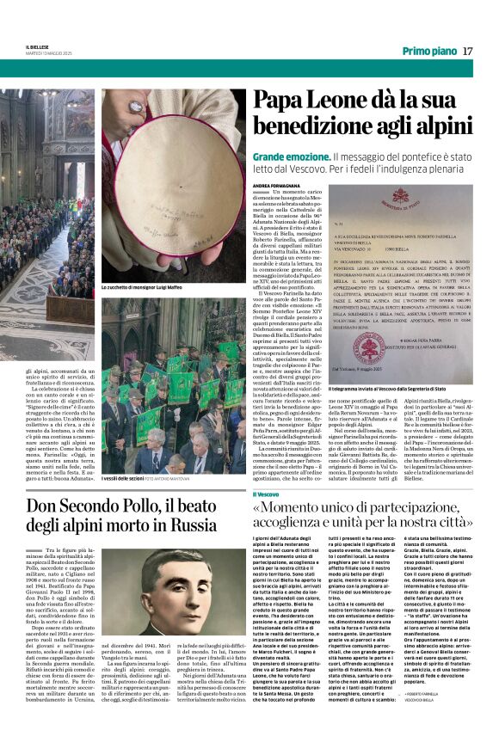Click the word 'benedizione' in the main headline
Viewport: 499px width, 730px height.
tap(325, 128)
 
